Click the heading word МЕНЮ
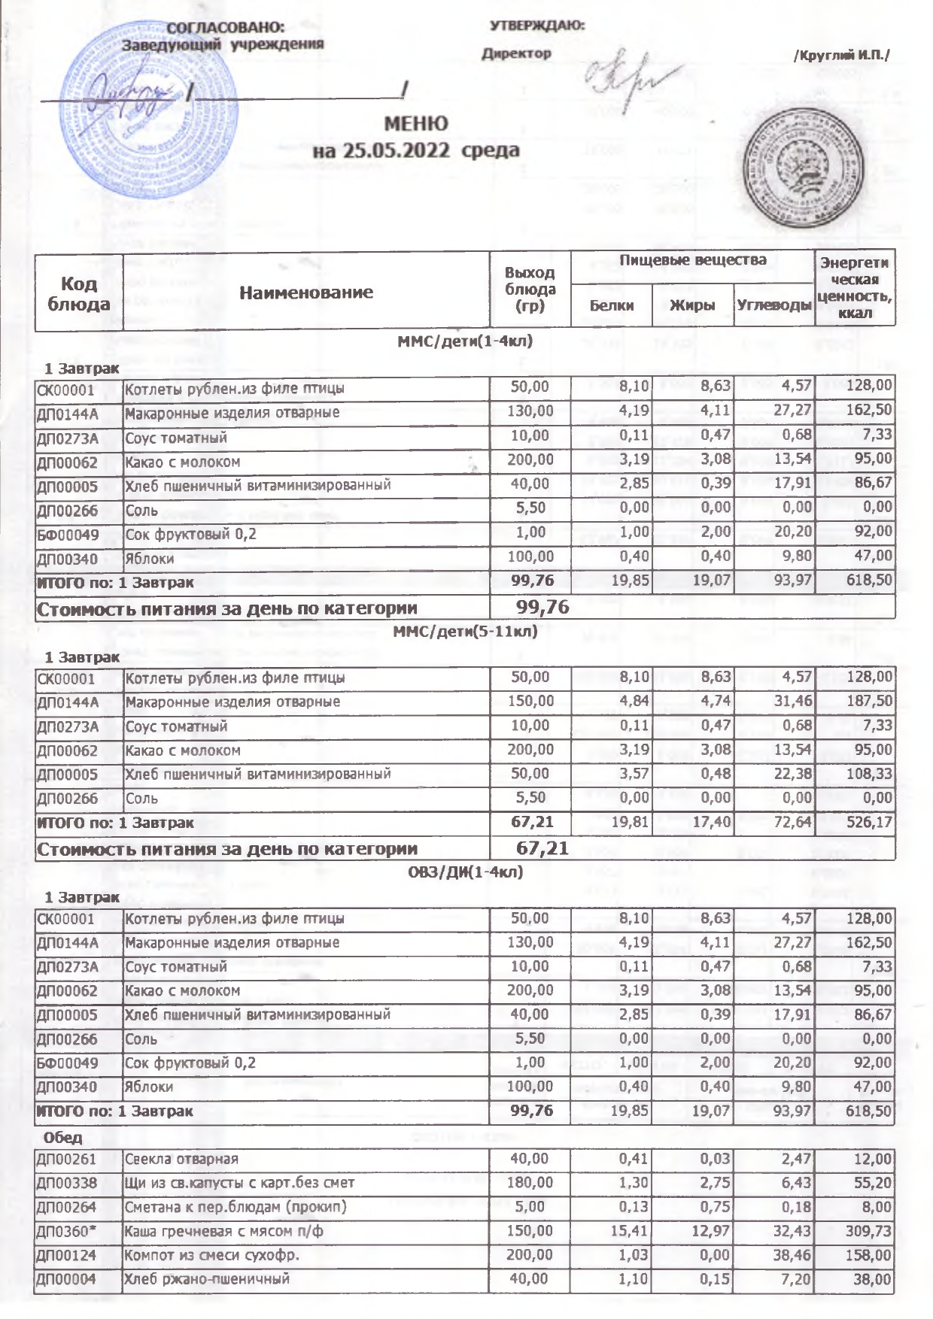click(415, 123)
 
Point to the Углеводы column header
click(774, 305)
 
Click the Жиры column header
click(692, 305)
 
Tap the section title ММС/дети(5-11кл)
click(465, 631)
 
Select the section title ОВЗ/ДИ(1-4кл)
click(465, 872)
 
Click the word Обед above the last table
click(63, 1137)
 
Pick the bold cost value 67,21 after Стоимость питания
click(542, 848)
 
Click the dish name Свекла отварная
click(181, 1159)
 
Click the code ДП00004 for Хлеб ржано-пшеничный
click(67, 1279)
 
